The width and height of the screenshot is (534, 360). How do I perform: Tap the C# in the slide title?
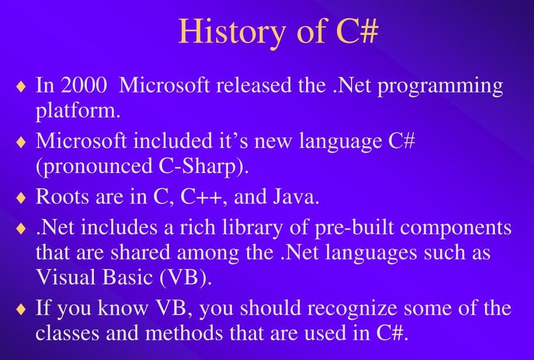point(357,31)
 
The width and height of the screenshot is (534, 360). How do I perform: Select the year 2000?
point(84,85)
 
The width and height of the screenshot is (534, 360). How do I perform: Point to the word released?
point(254,85)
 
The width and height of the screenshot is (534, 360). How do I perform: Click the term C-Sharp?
point(198,167)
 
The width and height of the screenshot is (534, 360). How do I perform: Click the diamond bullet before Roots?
point(21,197)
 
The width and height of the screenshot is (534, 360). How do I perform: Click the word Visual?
point(66,277)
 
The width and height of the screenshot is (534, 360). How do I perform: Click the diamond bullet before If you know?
point(21,309)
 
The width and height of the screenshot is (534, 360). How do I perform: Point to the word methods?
point(184,333)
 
